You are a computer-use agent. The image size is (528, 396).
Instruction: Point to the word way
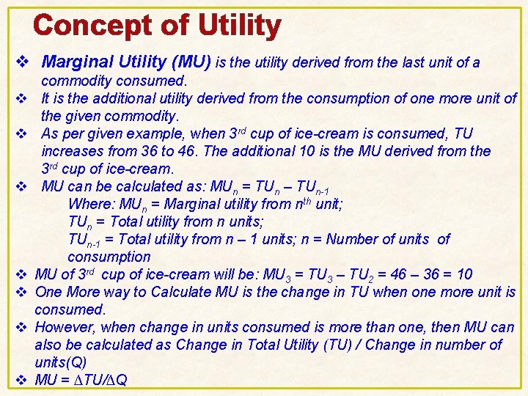150,292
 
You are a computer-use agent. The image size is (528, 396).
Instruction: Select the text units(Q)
61,362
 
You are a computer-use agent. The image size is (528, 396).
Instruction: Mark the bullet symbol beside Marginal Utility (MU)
21,63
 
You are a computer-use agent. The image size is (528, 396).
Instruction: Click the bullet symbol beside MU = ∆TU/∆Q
21,380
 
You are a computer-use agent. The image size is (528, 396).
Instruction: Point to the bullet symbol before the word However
21,327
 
